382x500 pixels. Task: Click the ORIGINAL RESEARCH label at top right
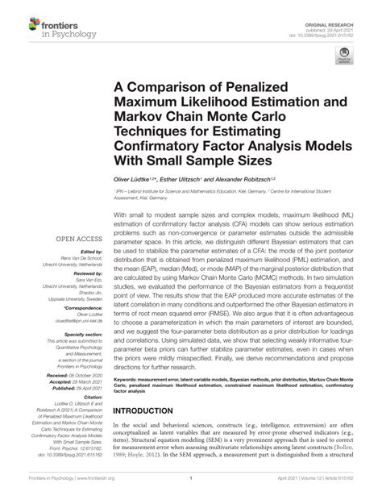(333, 8)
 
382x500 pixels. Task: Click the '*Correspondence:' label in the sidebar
(78, 307)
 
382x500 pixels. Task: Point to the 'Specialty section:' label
(77, 332)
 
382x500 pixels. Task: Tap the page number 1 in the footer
(191, 489)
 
